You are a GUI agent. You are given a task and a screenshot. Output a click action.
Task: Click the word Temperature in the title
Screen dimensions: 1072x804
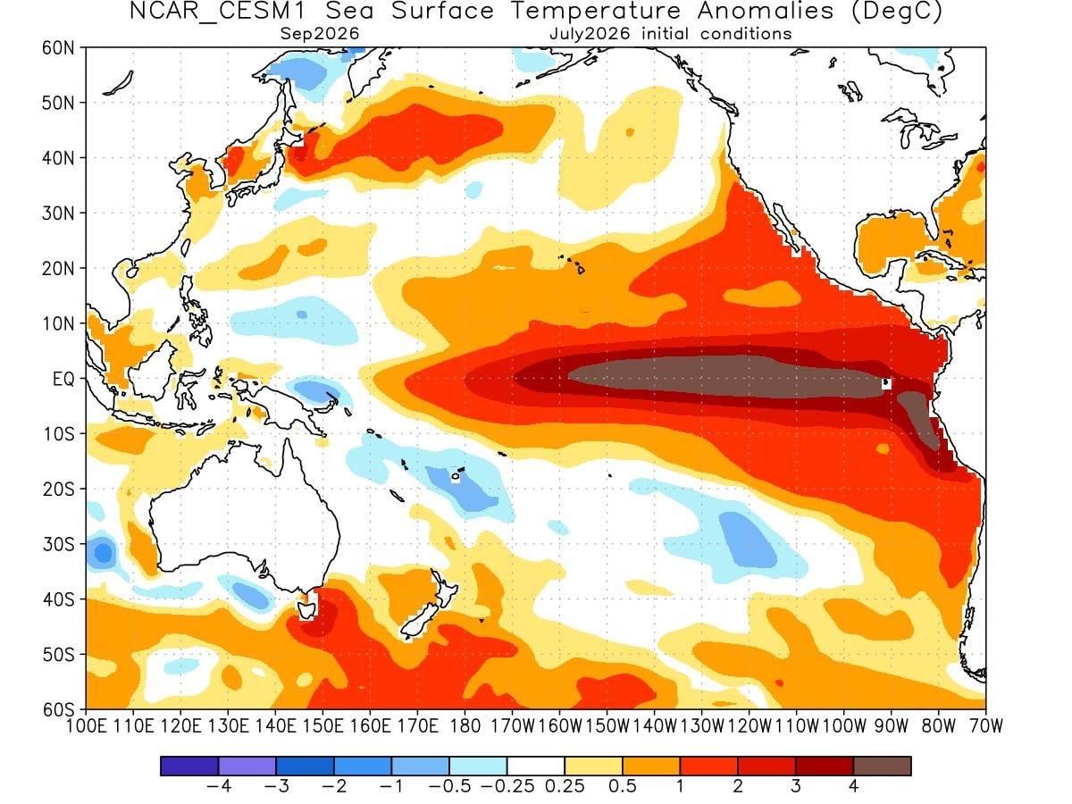(595, 12)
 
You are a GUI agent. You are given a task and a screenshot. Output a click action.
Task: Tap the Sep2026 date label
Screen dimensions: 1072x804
(320, 34)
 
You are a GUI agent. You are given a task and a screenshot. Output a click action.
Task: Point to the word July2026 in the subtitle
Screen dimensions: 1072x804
(590, 34)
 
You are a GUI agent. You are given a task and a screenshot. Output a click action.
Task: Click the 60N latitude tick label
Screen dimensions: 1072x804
(58, 48)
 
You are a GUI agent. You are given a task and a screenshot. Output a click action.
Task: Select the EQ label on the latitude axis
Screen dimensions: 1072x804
(63, 379)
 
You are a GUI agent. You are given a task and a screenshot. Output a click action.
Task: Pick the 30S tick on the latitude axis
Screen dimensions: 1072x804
(59, 544)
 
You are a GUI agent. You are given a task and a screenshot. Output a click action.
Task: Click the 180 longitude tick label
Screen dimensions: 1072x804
(465, 726)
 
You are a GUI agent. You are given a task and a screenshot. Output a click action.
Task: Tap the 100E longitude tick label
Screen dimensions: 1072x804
(87, 726)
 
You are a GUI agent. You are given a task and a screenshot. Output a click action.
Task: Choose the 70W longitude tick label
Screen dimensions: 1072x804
(986, 726)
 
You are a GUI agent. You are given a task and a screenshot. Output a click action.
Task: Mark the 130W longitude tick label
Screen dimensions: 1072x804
(702, 726)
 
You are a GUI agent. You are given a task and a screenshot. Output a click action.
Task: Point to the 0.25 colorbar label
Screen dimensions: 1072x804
(565, 786)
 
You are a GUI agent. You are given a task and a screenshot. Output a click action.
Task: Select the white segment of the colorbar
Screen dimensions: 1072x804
(536, 766)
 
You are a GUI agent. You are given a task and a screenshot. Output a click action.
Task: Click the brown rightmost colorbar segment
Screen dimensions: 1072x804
(882, 766)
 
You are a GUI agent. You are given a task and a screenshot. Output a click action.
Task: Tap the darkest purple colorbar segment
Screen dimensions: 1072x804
(189, 766)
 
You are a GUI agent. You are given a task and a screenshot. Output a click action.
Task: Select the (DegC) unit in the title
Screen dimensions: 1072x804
(896, 12)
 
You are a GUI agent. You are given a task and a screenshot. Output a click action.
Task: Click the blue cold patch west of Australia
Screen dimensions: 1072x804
(103, 553)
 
